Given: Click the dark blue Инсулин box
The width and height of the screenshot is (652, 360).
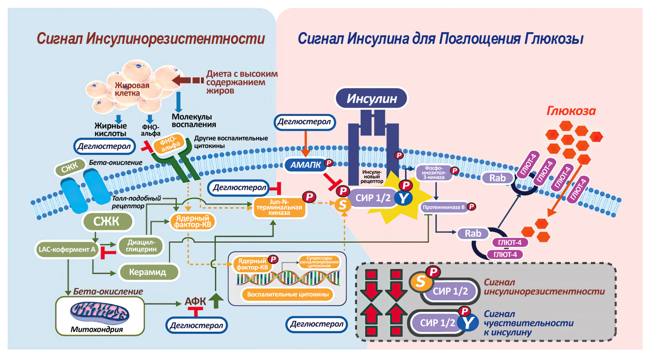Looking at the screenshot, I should point(371,98).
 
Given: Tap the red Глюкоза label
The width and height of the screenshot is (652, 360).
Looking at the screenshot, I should point(571,111).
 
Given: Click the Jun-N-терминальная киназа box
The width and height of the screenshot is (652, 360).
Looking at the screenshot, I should point(279,207).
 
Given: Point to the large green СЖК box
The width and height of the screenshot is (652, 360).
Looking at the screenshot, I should point(107,221).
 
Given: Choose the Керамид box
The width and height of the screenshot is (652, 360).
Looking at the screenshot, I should point(148,272).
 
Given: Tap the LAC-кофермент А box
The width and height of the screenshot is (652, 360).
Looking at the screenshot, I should point(67,249).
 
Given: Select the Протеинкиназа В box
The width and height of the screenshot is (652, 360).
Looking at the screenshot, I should point(444,207).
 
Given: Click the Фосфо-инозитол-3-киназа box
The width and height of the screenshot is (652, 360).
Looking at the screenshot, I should point(434,173).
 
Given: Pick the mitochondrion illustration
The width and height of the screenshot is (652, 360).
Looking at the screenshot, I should point(100,313).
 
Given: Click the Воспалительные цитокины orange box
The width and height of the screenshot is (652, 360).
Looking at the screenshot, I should point(288,294).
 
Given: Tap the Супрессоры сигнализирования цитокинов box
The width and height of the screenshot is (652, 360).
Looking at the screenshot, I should point(319,262).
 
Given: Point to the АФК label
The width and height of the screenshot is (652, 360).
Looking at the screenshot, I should point(195,301).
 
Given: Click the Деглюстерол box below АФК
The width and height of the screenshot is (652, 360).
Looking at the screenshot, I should point(196,325).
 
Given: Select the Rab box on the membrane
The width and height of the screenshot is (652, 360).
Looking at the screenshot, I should point(497,178).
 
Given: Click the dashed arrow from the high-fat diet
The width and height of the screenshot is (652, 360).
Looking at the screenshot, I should point(188,80).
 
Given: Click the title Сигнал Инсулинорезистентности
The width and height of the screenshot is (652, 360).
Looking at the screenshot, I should point(151,39).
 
